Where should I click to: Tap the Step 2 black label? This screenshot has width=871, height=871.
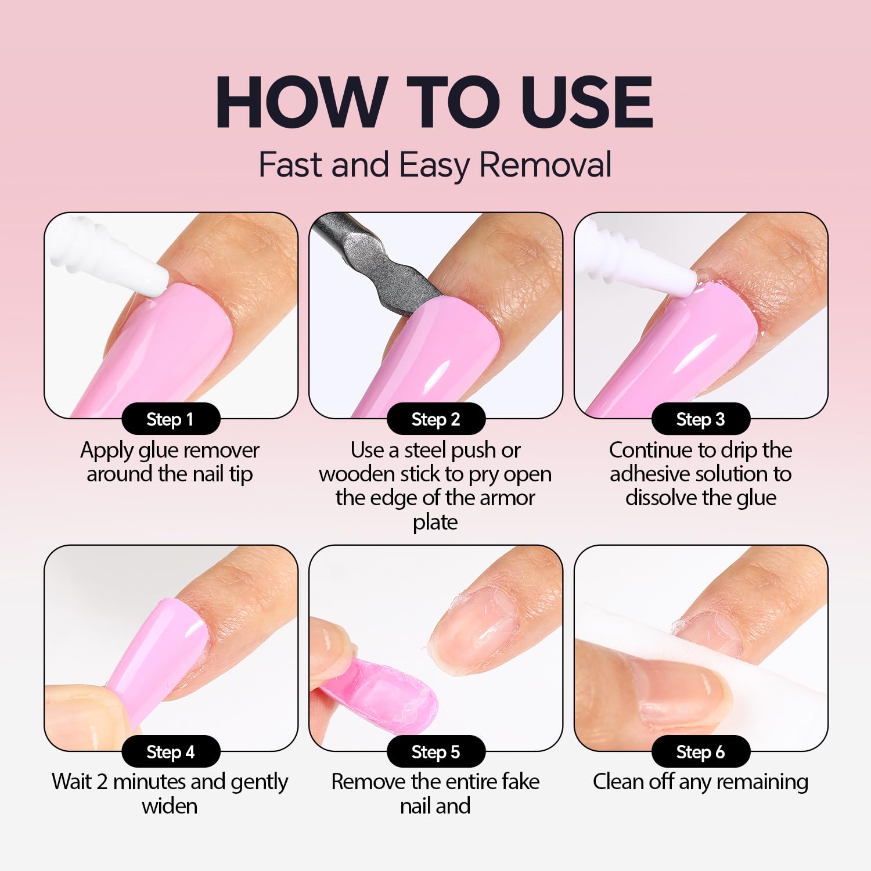tap(436, 419)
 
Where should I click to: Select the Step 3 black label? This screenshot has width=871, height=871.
tap(701, 419)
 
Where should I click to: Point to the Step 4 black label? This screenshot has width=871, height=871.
tap(171, 751)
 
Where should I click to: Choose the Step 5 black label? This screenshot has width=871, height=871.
tap(436, 751)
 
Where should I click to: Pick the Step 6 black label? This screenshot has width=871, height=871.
tap(701, 751)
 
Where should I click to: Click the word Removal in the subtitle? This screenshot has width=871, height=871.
tap(546, 164)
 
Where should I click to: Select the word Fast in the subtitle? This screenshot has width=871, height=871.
tap(291, 164)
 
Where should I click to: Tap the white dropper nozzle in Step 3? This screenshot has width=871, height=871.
tap(639, 255)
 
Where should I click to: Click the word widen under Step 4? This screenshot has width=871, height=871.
tap(170, 806)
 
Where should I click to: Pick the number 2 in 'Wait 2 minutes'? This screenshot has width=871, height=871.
tap(102, 782)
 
